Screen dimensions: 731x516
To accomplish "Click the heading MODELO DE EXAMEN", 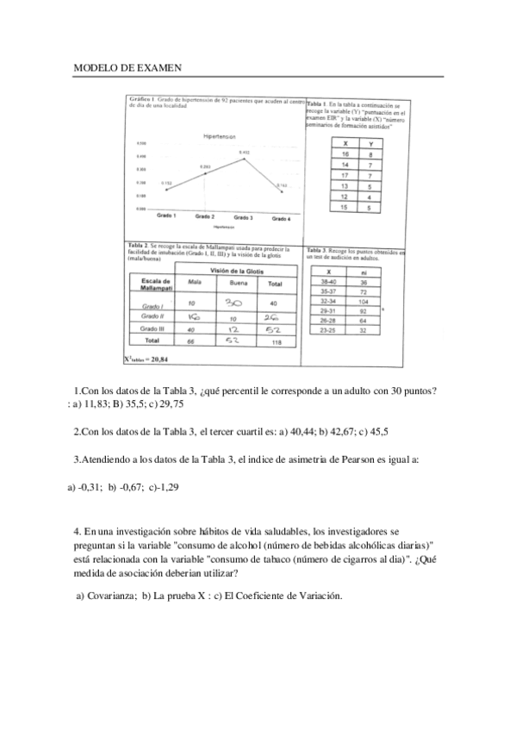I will pyautogui.click(x=127, y=67).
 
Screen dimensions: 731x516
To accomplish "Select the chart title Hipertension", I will pyautogui.click(x=220, y=137).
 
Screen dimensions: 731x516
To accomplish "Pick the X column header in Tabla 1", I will pyautogui.click(x=345, y=143).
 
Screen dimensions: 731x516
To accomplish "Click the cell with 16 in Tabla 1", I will pyautogui.click(x=345, y=153).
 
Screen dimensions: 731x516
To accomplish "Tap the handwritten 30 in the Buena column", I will pyautogui.click(x=233, y=303).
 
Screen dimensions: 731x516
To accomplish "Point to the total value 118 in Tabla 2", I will pyautogui.click(x=275, y=342).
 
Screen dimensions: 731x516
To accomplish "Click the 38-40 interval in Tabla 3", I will pyautogui.click(x=328, y=282).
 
